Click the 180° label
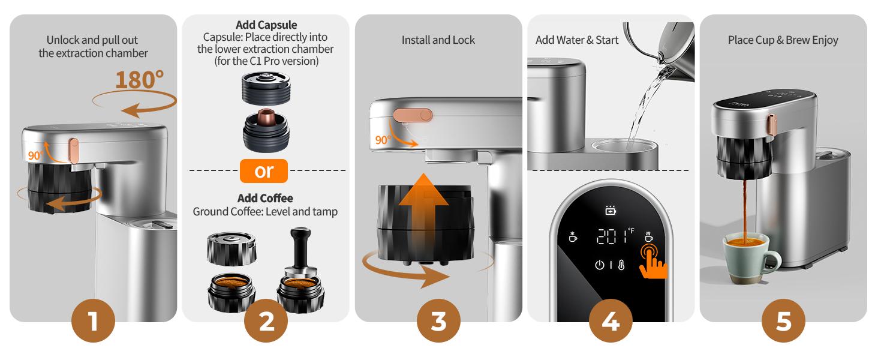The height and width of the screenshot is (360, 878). (139, 80)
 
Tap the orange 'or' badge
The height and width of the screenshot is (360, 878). (264, 170)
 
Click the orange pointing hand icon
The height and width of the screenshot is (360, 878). (652, 260)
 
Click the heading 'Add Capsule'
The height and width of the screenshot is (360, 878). (265, 25)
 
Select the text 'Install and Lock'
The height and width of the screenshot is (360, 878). (438, 40)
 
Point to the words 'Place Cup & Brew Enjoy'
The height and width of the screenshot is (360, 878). (783, 40)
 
